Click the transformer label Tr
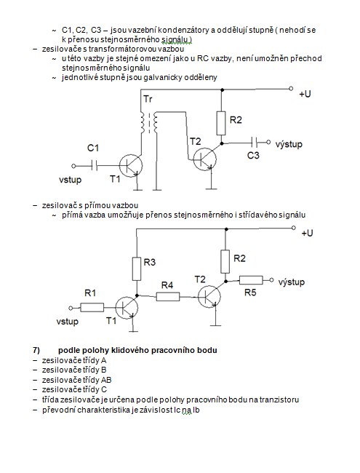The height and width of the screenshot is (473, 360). tap(148, 99)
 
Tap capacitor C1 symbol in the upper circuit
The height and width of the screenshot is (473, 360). tap(95, 166)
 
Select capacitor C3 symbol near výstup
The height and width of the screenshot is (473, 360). tap(254, 142)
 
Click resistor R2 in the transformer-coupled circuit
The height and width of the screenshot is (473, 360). tap(221, 123)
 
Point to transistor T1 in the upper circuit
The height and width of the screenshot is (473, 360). tap(131, 165)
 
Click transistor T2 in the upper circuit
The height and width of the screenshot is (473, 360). tap(204, 159)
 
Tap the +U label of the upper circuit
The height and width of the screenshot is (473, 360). tap(305, 94)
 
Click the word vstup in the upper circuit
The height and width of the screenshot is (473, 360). tap(71, 180)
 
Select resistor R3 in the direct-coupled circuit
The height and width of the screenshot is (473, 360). tap(137, 269)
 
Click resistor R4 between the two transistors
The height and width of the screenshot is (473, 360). tap(168, 296)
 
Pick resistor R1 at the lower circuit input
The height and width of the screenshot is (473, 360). tap(92, 308)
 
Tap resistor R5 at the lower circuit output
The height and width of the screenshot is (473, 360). tap(251, 280)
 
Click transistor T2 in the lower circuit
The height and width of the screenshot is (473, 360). tap(209, 296)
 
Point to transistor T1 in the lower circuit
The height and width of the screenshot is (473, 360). tap(127, 308)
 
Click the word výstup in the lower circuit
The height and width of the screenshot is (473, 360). tap(291, 282)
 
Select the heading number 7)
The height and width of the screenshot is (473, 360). tap(36, 350)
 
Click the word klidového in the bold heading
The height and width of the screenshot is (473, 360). tap(130, 350)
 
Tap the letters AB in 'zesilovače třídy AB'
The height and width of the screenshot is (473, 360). tap(106, 380)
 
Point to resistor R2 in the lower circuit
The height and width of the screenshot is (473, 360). tap(225, 261)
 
